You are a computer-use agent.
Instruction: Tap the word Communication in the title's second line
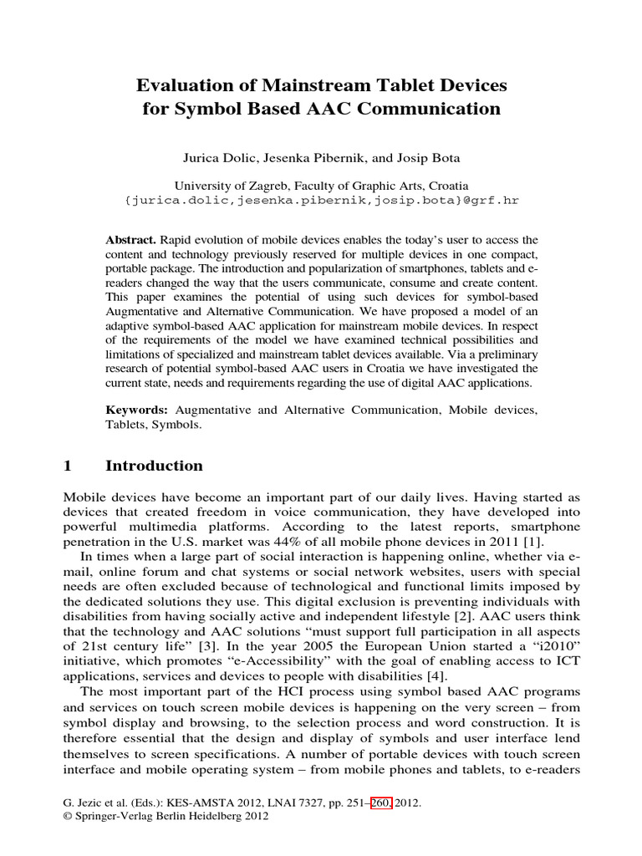point(436,109)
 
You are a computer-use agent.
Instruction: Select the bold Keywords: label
point(136,410)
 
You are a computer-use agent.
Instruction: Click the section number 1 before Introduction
point(69,466)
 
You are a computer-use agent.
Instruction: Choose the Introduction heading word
point(154,466)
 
